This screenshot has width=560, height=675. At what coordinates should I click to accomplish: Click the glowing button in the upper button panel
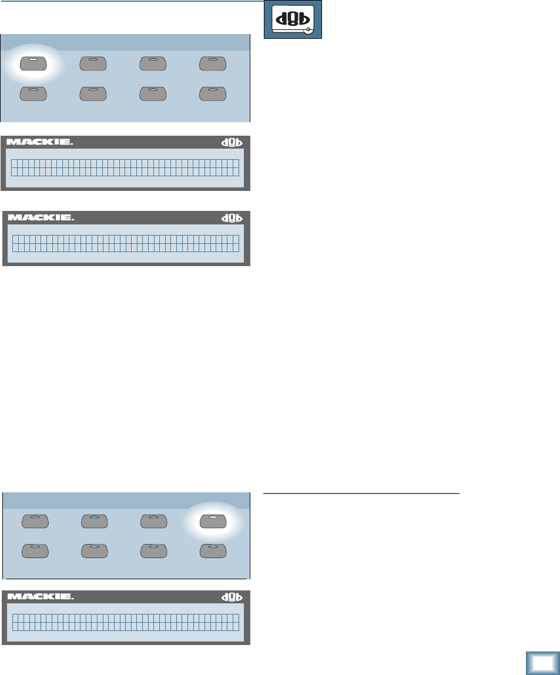pos(34,63)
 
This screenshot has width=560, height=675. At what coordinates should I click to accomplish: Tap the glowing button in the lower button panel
pos(213,520)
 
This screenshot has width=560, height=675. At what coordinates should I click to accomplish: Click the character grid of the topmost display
pos(126,167)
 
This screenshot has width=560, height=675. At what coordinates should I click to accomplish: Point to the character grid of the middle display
pos(126,243)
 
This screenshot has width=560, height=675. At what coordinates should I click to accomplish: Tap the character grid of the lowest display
pos(126,622)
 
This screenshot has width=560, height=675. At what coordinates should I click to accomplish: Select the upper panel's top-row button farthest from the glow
pos(213,63)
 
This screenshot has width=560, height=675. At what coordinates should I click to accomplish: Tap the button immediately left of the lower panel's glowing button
pos(153,520)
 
